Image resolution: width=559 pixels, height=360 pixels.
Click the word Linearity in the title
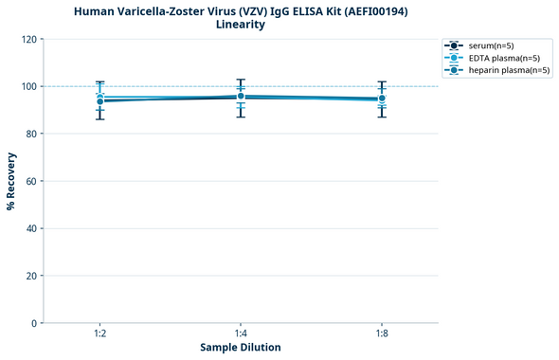(240, 25)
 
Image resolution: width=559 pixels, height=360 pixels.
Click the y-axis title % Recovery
(11, 181)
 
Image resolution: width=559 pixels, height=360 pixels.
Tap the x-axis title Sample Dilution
(240, 348)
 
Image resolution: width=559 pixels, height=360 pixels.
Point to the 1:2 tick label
(99, 333)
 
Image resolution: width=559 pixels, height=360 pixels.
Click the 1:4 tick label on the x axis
(240, 333)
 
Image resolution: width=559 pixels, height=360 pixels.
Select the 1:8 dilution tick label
(381, 333)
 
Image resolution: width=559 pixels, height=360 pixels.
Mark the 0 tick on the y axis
(34, 323)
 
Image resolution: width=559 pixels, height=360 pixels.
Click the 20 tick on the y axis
(31, 276)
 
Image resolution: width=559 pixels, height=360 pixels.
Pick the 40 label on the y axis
(31, 228)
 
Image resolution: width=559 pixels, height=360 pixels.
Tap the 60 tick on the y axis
(31, 181)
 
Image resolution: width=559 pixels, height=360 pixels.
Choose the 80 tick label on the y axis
(31, 134)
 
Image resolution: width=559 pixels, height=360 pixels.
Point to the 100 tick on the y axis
(28, 86)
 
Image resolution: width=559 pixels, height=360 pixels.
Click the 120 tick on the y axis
(28, 39)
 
